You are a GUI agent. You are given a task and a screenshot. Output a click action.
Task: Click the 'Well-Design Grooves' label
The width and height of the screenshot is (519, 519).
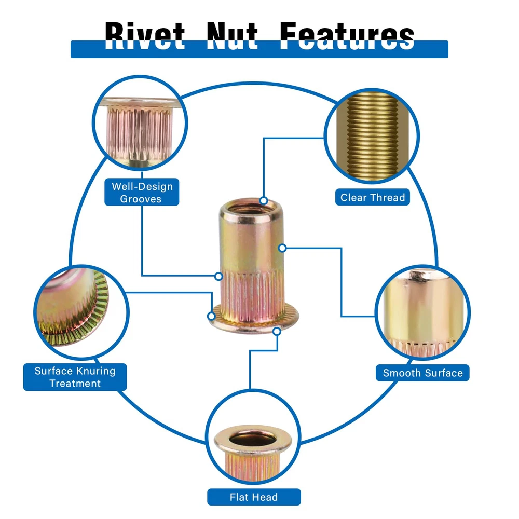click(142, 192)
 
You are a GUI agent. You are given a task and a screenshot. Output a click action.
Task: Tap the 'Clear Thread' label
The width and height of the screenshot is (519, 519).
click(372, 197)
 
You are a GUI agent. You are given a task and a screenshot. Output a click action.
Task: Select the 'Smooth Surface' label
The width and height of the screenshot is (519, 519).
click(422, 373)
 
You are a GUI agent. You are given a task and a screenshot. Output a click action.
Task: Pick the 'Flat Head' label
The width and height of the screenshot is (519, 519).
click(254, 497)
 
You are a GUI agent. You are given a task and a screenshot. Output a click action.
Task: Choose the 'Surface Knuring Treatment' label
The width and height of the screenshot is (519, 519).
click(75, 377)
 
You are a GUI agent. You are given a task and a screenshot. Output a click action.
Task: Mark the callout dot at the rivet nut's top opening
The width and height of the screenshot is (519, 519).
click(264, 200)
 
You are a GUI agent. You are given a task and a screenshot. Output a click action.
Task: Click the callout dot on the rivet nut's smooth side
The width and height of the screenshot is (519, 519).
click(282, 248)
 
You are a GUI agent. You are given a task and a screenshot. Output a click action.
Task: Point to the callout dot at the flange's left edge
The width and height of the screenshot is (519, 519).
click(211, 316)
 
